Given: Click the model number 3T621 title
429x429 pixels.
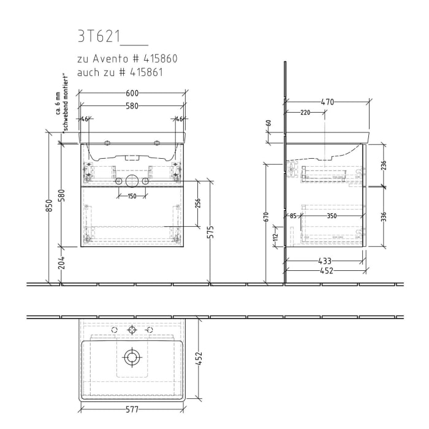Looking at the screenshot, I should [98, 37].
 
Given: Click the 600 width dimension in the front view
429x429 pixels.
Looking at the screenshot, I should [133, 93].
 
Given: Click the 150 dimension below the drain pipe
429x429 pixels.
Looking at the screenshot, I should [132, 196].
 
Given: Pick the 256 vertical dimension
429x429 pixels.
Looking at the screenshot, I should [198, 203].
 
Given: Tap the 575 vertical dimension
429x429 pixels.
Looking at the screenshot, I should [211, 232].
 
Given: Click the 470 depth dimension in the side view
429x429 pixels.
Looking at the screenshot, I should [327, 102].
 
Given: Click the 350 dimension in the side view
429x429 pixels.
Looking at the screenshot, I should [332, 216].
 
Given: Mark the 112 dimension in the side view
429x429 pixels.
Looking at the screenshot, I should [276, 236].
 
